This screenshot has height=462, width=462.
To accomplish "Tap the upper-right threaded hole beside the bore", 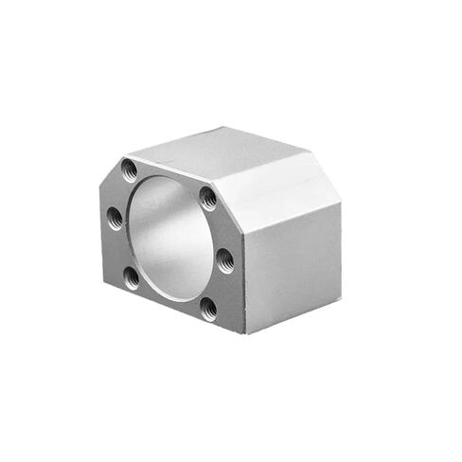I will pyautogui.click(x=207, y=197).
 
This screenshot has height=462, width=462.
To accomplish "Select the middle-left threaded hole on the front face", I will pyautogui.click(x=113, y=217).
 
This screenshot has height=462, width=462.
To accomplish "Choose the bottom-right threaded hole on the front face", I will pyautogui.click(x=208, y=306).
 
